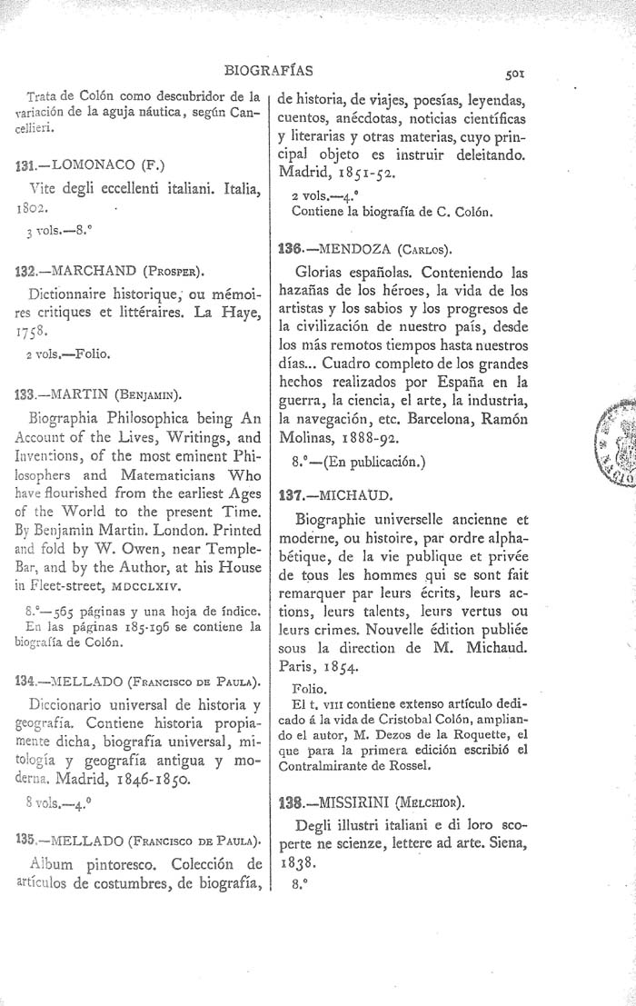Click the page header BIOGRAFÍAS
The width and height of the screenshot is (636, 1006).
[274, 68]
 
